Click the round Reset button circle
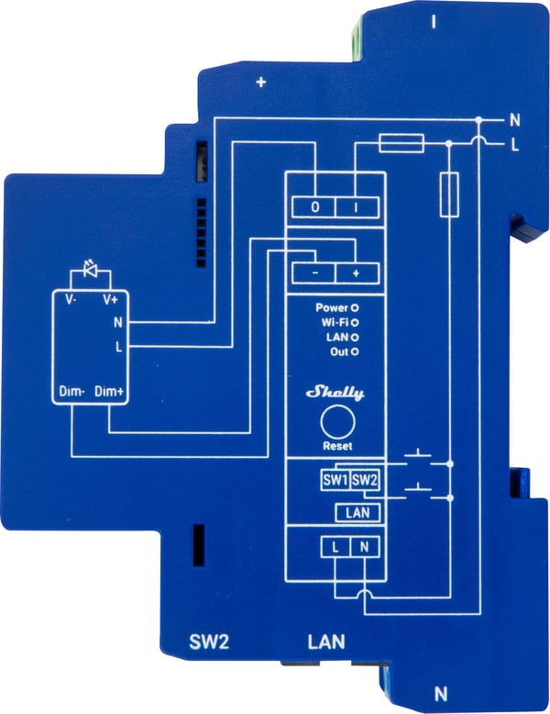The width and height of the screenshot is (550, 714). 337,422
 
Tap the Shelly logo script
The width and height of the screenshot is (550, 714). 335,393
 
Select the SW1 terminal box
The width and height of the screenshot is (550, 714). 335,480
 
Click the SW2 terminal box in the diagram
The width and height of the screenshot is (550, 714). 365,480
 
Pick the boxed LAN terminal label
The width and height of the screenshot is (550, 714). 357,513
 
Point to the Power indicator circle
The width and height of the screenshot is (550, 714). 355,308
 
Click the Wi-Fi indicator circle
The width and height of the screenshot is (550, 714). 355,323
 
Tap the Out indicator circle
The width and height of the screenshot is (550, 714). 355,351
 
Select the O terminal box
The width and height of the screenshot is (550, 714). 313,207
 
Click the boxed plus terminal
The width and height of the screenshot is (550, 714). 357,273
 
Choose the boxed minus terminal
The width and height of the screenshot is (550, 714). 313,273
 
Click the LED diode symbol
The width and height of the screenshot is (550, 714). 91,269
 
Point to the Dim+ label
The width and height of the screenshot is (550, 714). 109,392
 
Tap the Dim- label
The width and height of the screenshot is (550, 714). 71,392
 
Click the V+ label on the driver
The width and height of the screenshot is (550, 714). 110,299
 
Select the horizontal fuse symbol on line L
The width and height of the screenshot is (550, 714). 401,143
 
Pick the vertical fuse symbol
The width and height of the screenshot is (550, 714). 449,195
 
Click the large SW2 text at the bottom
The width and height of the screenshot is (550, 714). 209,642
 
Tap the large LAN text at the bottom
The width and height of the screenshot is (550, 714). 326,642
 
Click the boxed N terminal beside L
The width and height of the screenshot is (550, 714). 365,547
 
